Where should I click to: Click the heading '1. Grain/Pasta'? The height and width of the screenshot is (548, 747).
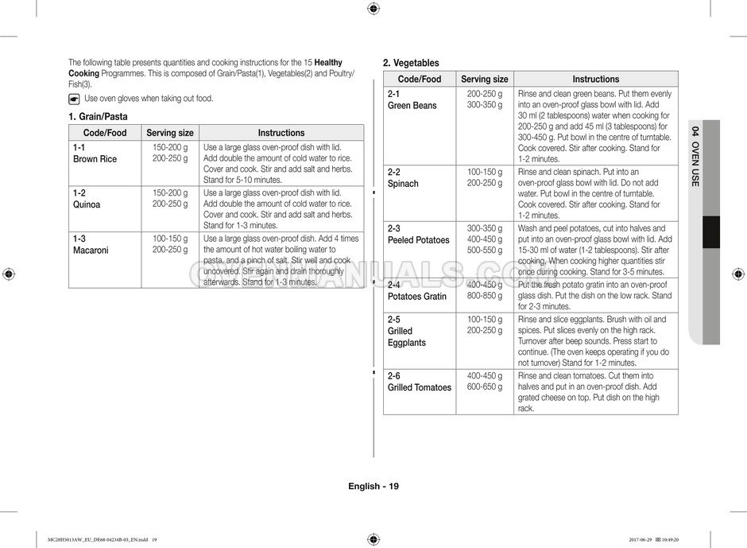pyautogui.click(x=98, y=116)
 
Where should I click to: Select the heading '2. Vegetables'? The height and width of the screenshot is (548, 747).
pyautogui.click(x=411, y=63)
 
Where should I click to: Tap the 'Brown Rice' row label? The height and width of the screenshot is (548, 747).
pyautogui.click(x=95, y=159)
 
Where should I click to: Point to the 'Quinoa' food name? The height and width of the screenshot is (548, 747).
pyautogui.click(x=87, y=204)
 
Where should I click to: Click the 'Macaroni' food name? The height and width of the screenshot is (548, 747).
pyautogui.click(x=91, y=250)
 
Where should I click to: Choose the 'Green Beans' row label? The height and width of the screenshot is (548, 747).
pyautogui.click(x=412, y=105)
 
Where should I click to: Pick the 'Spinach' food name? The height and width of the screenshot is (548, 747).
pyautogui.click(x=403, y=183)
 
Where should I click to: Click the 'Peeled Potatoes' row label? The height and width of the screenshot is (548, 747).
pyautogui.click(x=418, y=239)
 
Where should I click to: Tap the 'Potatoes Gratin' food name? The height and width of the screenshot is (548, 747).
pyautogui.click(x=416, y=296)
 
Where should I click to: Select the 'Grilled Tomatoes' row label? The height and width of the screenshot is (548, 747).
pyautogui.click(x=419, y=387)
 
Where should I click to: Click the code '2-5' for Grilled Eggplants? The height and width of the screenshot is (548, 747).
pyautogui.click(x=394, y=319)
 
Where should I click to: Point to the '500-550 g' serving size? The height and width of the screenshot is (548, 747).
pyautogui.click(x=484, y=250)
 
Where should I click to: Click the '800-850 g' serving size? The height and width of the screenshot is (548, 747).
pyautogui.click(x=484, y=296)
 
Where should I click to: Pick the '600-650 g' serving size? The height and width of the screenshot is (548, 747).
pyautogui.click(x=484, y=387)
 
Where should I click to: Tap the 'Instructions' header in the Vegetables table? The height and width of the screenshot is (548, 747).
pyautogui.click(x=595, y=79)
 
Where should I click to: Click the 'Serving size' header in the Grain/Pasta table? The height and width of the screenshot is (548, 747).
pyautogui.click(x=170, y=133)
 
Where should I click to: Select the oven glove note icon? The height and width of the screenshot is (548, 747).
pyautogui.click(x=74, y=99)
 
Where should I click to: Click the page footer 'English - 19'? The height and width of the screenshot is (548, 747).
pyautogui.click(x=373, y=486)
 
